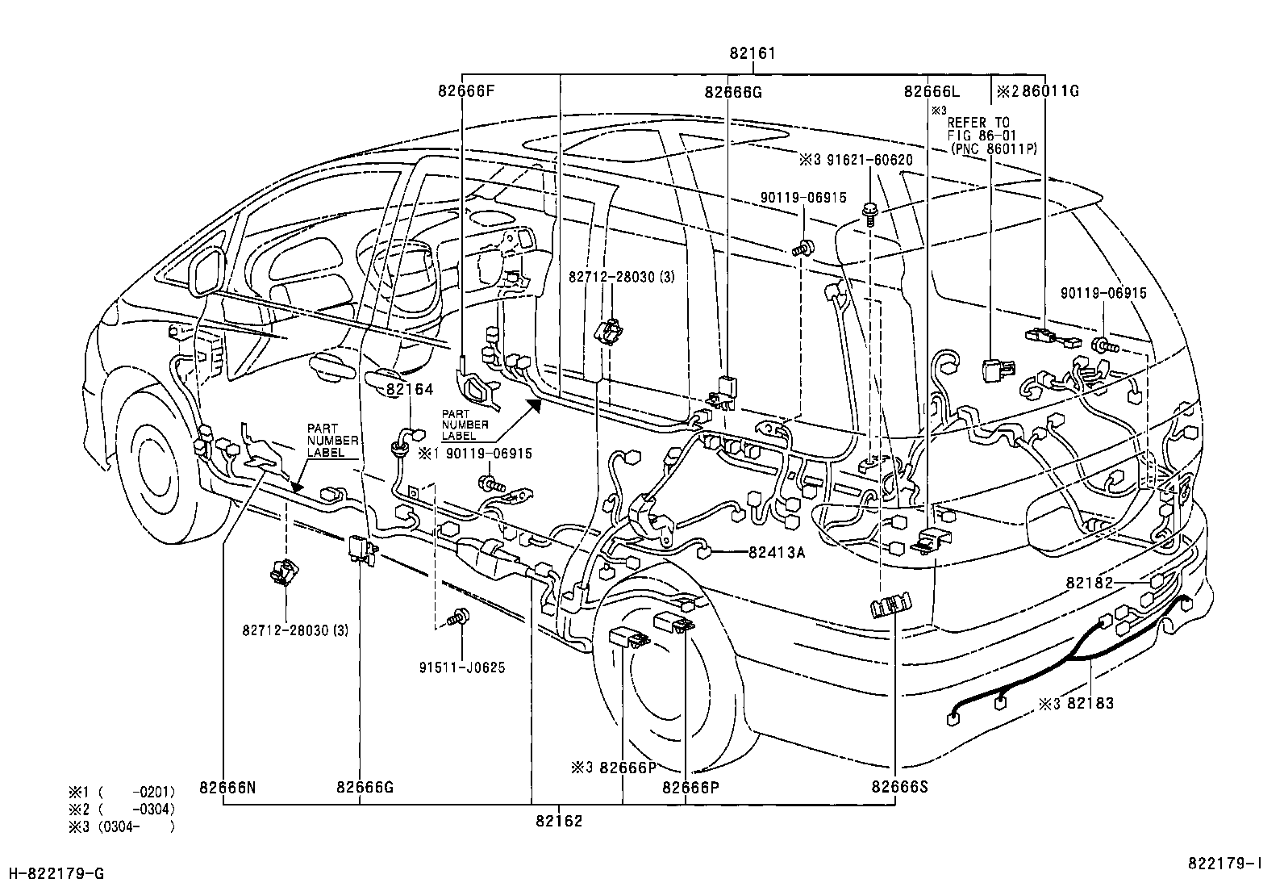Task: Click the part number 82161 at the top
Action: pos(752,54)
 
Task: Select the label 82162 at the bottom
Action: pos(558,821)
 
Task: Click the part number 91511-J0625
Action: pos(462,667)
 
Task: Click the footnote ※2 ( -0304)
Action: pos(121,808)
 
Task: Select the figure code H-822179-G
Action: pos(56,873)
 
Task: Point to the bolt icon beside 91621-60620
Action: pos(870,213)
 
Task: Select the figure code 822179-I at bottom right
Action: pos(1224,863)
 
